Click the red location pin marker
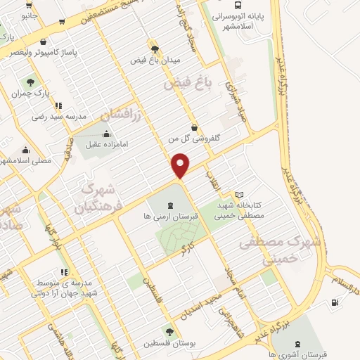point(181,166)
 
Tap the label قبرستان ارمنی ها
point(172,217)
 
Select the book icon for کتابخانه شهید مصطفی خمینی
point(239,194)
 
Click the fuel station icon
point(333,302)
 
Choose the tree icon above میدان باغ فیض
point(154,49)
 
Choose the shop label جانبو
point(29,14)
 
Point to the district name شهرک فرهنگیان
point(99,198)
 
